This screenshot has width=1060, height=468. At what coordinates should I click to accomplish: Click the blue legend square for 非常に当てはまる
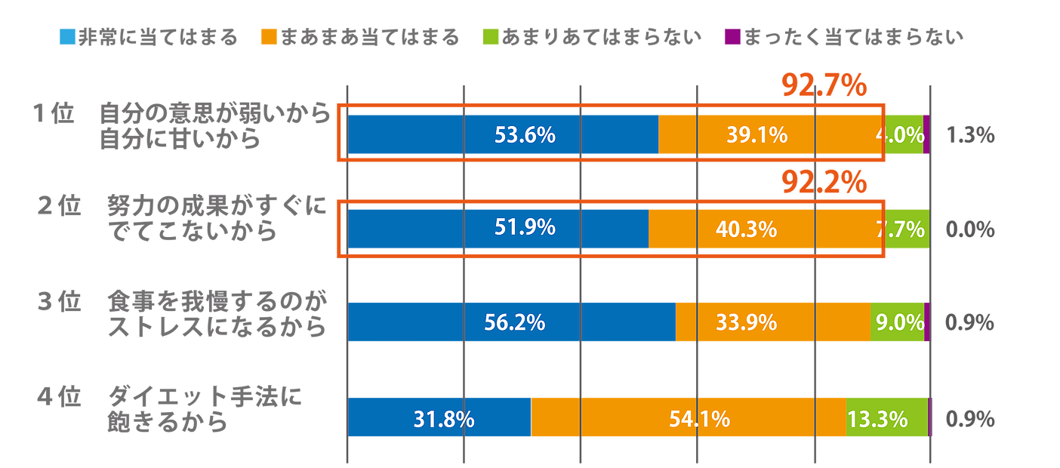click(x=67, y=35)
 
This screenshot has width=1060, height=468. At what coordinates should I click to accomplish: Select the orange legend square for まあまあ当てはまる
click(x=268, y=35)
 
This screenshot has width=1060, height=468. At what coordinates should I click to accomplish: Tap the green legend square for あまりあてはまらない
click(x=490, y=35)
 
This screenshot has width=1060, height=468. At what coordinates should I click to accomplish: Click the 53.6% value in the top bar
click(x=525, y=135)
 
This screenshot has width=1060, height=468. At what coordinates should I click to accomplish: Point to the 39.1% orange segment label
click(x=756, y=135)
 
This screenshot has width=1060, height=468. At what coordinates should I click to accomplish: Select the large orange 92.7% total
click(x=823, y=86)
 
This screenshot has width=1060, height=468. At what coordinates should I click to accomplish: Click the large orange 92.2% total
click(x=823, y=181)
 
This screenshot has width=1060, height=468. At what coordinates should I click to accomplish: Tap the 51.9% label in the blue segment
click(x=525, y=228)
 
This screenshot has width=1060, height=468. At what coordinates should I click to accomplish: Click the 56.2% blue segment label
click(x=514, y=323)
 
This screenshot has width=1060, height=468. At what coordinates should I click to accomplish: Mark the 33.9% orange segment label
click(x=746, y=323)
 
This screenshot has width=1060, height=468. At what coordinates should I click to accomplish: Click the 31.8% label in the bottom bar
click(x=444, y=418)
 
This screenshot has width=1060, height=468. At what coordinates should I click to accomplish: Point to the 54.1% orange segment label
click(x=699, y=418)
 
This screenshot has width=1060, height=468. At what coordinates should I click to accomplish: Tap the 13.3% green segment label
click(x=877, y=418)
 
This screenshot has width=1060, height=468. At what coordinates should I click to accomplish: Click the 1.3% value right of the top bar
click(x=969, y=135)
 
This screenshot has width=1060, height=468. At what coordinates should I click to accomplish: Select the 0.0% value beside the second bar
click(x=969, y=229)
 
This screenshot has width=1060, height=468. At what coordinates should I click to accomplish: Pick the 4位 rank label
click(x=58, y=397)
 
